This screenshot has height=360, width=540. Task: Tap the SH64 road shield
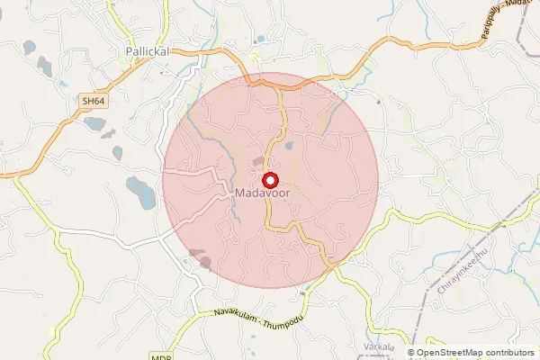pyautogui.click(x=94, y=103)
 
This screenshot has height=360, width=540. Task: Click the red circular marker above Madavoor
pyautogui.click(x=268, y=178)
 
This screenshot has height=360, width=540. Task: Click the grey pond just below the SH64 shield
pyautogui.click(x=94, y=122)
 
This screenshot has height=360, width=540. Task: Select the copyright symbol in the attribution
pyautogui.click(x=411, y=353)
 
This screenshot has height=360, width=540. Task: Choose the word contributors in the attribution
pyautogui.click(x=509, y=353)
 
